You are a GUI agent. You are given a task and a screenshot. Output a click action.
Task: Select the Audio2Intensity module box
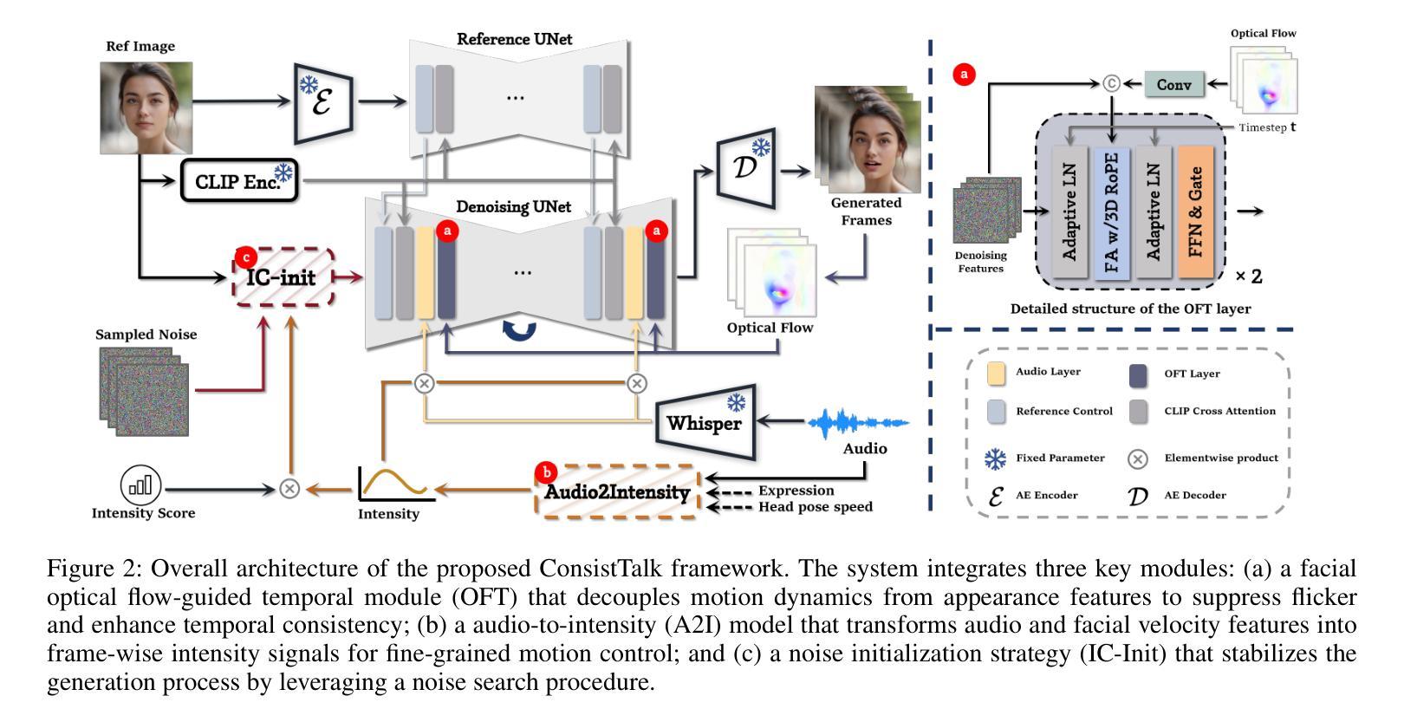click(617, 492)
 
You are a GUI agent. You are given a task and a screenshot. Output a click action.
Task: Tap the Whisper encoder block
click(703, 422)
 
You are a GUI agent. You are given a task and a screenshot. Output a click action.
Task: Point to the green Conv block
click(1173, 85)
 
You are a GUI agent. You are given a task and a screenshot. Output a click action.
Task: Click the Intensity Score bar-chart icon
click(140, 486)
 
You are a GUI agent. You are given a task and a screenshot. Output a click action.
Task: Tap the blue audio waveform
click(858, 424)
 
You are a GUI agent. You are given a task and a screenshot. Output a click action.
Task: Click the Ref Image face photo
click(146, 107)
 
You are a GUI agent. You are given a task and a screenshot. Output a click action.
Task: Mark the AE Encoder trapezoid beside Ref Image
click(324, 101)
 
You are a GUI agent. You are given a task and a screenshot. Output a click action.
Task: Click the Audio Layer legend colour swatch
click(997, 374)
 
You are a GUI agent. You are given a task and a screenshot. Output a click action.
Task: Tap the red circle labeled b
click(547, 472)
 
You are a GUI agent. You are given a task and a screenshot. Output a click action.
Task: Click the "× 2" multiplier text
click(1248, 277)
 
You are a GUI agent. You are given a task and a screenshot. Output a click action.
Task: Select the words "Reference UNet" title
click(515, 39)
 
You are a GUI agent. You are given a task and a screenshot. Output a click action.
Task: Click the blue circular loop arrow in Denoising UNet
click(519, 329)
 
